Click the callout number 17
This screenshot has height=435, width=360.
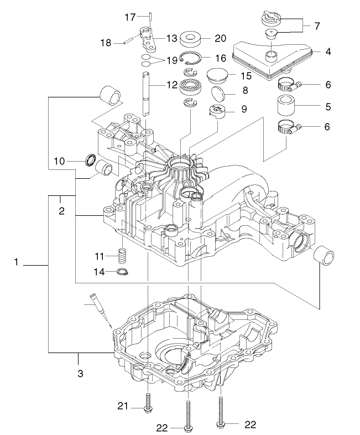129,18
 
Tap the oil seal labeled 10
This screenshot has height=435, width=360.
90,161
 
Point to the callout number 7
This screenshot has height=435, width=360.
316,25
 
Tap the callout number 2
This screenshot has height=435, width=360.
61,211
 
